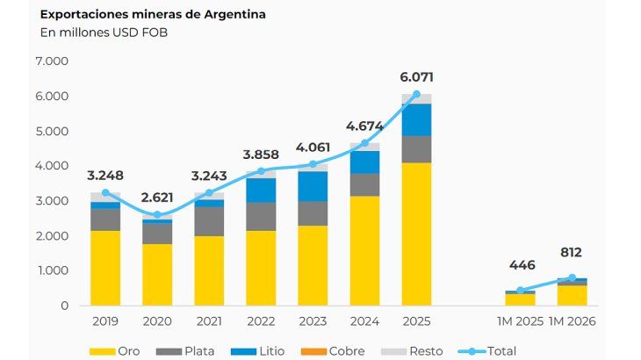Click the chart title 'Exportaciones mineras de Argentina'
[141, 15]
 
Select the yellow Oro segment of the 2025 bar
[416, 234]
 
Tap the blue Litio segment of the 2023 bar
[313, 186]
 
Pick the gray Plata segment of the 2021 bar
[209, 220]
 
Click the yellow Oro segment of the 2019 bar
[105, 268]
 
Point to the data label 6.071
[416, 76]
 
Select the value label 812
[571, 253]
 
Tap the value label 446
[520, 266]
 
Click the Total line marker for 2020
[157, 214]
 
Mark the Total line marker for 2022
[261, 171]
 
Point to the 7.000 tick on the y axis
[52, 61]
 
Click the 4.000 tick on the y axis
[52, 166]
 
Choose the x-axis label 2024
[364, 322]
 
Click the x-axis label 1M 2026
[571, 322]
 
